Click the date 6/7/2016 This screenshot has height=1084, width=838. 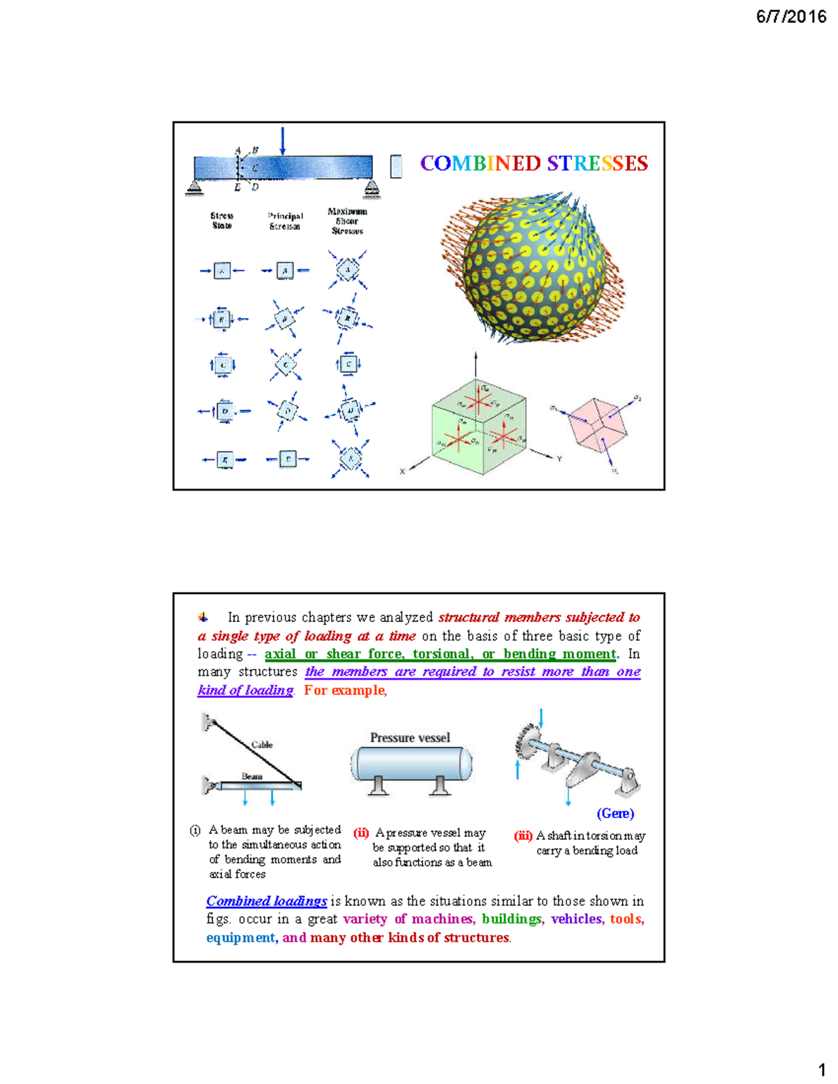tap(791, 17)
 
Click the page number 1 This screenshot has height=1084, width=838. tap(822, 1070)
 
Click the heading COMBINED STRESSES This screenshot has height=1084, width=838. tap(534, 163)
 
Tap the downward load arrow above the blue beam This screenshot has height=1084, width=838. tap(282, 141)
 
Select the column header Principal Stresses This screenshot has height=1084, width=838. tap(285, 221)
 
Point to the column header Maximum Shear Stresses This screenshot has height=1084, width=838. tap(347, 221)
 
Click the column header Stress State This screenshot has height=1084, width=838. tap(222, 221)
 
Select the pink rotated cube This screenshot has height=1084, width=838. tap(595, 422)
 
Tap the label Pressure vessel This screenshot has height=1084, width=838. tap(410, 738)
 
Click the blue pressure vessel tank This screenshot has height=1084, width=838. tap(411, 764)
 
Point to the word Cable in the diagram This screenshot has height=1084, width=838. tap(262, 745)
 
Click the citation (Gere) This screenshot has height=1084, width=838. tap(615, 813)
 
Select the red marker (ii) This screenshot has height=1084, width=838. tap(361, 833)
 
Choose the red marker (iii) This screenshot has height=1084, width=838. tap(523, 836)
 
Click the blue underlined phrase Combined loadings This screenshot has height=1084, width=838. tap(267, 901)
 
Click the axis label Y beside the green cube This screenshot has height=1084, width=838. tap(559, 459)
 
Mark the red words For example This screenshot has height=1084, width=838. tap(345, 690)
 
